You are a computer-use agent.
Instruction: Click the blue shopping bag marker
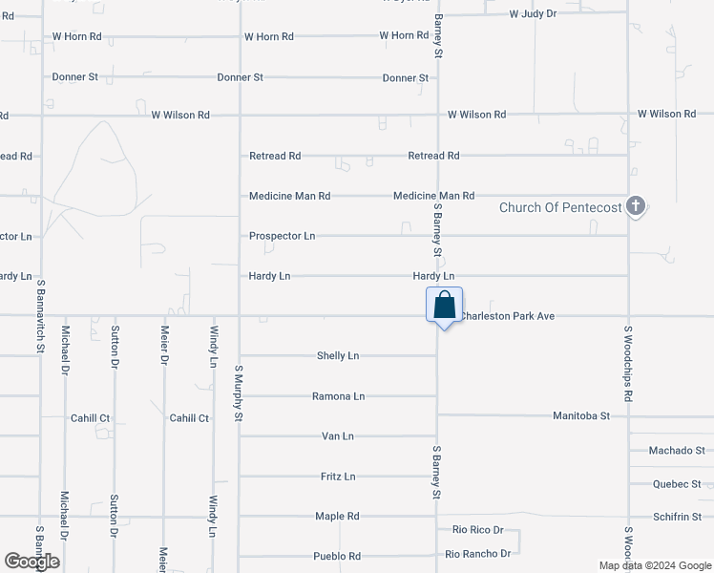click(444, 307)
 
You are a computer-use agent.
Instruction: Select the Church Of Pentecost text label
click(560, 207)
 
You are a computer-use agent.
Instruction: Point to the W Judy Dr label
click(533, 14)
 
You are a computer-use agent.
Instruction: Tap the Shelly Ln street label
click(338, 356)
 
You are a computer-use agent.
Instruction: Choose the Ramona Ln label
click(339, 396)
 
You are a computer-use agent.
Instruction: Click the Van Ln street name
click(338, 436)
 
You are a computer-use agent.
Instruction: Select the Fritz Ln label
click(338, 477)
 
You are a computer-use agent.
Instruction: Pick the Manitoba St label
click(581, 416)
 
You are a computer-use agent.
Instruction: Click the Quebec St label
click(678, 484)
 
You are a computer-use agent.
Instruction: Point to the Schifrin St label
click(677, 517)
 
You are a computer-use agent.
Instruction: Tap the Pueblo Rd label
click(337, 557)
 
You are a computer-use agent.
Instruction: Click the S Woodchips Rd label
click(628, 363)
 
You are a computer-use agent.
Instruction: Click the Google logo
click(31, 562)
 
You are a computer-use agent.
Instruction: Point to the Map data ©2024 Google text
click(655, 565)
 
